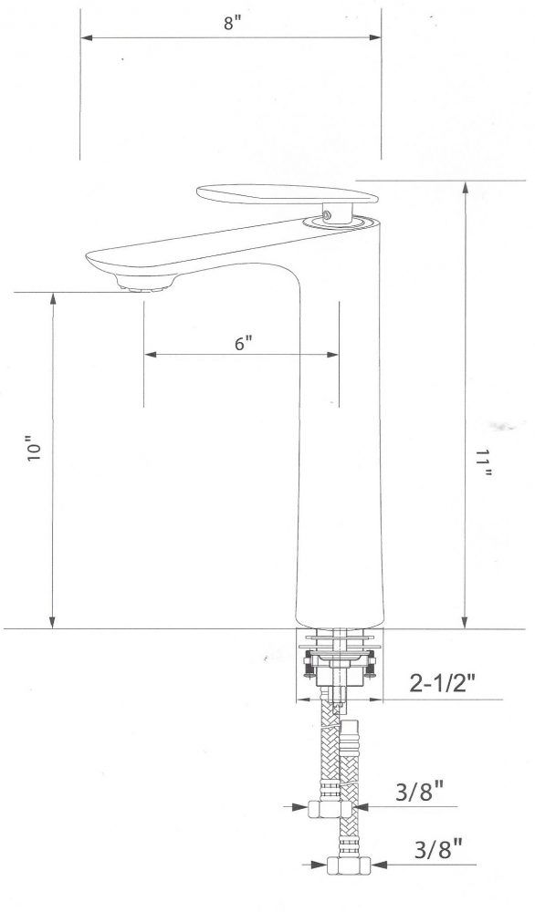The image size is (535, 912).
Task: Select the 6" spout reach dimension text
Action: (241, 344)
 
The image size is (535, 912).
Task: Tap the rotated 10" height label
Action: (36, 453)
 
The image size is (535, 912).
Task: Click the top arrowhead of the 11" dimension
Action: (467, 188)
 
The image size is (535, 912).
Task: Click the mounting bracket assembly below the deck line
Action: (338, 661)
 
